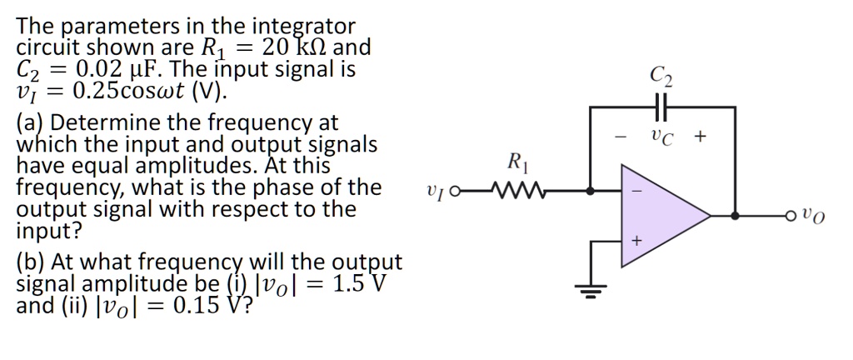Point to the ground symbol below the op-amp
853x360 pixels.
click(x=591, y=291)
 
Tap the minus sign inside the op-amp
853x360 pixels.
click(x=636, y=191)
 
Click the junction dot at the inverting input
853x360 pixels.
click(x=591, y=191)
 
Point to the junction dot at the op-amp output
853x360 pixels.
click(x=734, y=216)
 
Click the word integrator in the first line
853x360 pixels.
click(x=302, y=26)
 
